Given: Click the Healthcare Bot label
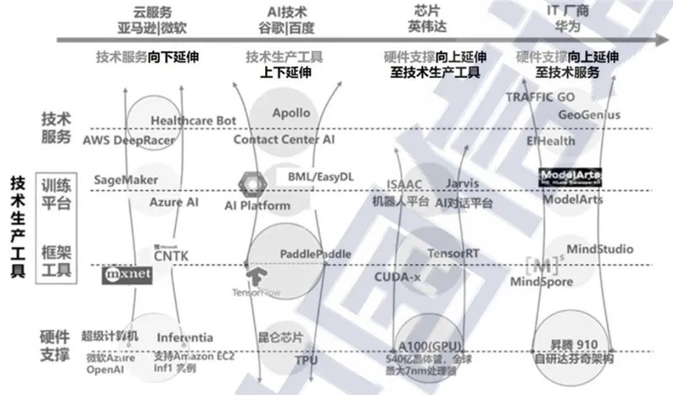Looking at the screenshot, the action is pos(193,121).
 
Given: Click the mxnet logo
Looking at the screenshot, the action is pos(125,275).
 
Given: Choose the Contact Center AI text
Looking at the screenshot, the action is pos(284,139).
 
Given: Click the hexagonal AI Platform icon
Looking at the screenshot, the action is pos(250,182).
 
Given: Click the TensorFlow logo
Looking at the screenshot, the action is pos(255,280).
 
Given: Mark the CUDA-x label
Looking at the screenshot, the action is pos(397,276).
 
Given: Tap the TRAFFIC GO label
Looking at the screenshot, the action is pos(540,97).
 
